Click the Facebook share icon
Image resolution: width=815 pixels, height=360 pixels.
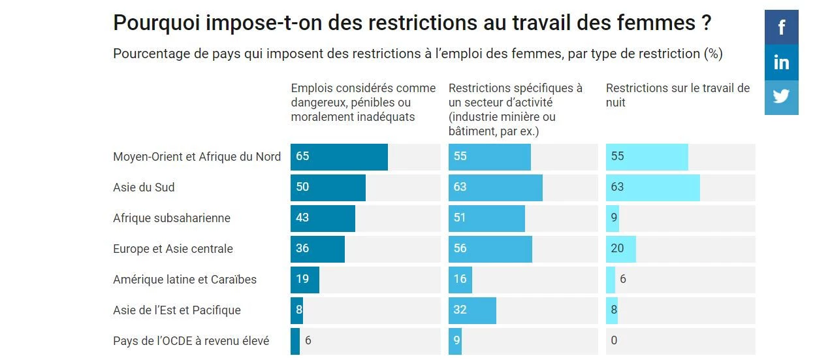tap(781, 27)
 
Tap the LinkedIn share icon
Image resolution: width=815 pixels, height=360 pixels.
tap(781, 63)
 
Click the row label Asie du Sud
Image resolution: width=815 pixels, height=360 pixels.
tap(144, 188)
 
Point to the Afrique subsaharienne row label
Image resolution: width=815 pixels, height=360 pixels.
tap(172, 218)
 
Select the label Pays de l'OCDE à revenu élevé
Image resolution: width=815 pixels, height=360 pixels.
tap(191, 341)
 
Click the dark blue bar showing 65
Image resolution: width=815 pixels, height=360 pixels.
tap(339, 157)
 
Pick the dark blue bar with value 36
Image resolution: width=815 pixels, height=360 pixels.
tap(317, 249)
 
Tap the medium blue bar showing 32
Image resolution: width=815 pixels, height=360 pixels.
tap(472, 310)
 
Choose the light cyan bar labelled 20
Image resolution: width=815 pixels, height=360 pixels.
tap(620, 249)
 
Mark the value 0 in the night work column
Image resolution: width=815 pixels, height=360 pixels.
tap(614, 341)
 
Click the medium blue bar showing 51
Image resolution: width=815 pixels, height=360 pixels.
tap(487, 218)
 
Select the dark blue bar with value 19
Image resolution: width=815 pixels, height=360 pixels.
tap(305, 280)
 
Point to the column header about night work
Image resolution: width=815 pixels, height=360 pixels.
tap(678, 95)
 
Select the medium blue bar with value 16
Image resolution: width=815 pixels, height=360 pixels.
tap(460, 280)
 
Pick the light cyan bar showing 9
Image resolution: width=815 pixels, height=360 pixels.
tap(613, 218)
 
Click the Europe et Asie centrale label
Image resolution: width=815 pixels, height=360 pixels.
tap(173, 249)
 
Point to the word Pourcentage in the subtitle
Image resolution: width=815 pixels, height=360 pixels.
tap(152, 54)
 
